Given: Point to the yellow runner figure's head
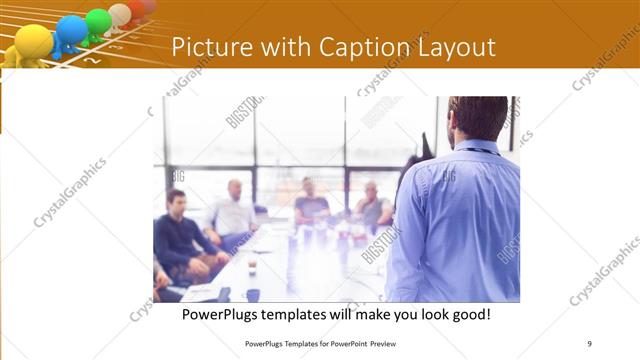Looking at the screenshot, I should click(33, 41).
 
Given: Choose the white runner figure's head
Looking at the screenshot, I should click(120, 13).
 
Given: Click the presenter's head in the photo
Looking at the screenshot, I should click(478, 118).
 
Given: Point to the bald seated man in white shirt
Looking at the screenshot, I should click(233, 212).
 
